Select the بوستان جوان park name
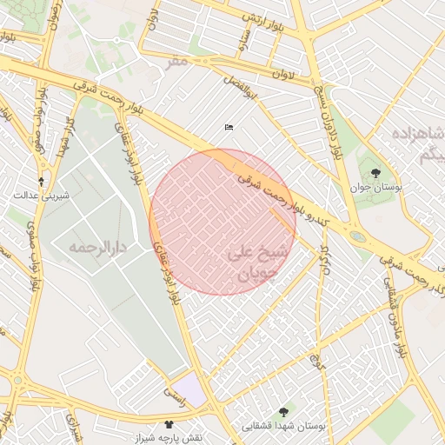click(x=375, y=187)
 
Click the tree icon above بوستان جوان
click(x=375, y=173)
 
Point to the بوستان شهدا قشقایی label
click(x=286, y=427)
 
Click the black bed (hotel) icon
click(x=229, y=128)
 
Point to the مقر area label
click(x=178, y=62)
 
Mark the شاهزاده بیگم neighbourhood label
click(x=418, y=144)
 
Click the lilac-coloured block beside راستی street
click(x=189, y=388)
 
